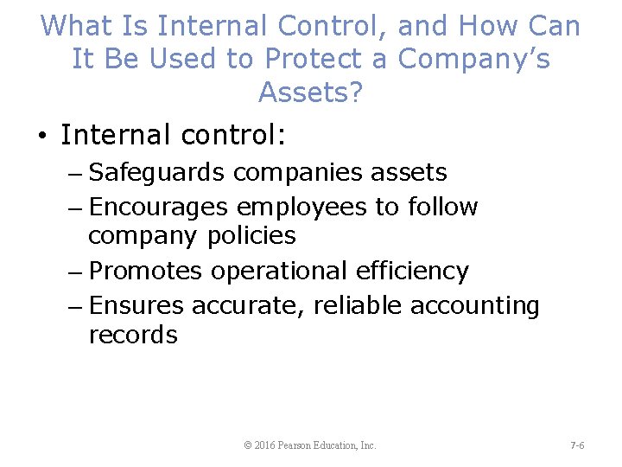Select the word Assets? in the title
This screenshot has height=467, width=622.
310,92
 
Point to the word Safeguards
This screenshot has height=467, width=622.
157,172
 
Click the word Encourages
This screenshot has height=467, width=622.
158,208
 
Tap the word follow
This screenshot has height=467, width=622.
444,208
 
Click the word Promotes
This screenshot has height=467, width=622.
145,271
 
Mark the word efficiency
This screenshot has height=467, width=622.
412,271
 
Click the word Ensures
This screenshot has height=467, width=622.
136,305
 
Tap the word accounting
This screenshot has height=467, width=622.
475,306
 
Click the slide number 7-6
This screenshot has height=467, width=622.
577,445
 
